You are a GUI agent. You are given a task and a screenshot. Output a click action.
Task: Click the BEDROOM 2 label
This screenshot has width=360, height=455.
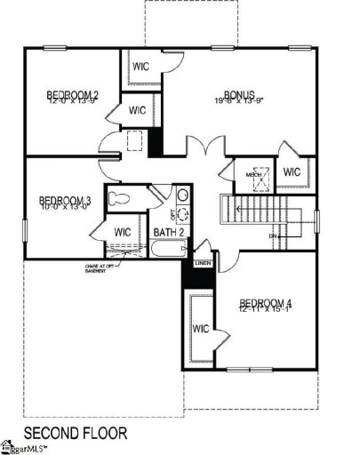tap(67, 95)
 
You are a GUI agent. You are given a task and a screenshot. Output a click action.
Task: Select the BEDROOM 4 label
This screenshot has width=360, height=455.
tap(266, 305)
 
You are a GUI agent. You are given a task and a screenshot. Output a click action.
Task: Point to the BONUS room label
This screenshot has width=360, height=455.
tap(239, 95)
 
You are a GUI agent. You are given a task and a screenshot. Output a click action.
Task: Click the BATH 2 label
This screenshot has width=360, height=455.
tap(168, 233)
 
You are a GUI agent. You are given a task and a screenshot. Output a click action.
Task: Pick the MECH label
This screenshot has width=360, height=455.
tap(253, 175)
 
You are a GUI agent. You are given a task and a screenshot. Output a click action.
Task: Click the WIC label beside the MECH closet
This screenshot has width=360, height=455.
tap(292, 172)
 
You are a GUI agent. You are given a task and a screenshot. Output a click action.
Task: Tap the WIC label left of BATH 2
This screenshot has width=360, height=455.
tap(124, 233)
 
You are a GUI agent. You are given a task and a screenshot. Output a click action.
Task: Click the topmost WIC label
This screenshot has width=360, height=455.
tap(141, 66)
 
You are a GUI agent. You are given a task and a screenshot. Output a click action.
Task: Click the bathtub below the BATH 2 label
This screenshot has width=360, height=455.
tap(166, 250)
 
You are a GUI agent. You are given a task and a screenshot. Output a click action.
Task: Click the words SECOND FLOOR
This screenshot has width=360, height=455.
tap(75, 433)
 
